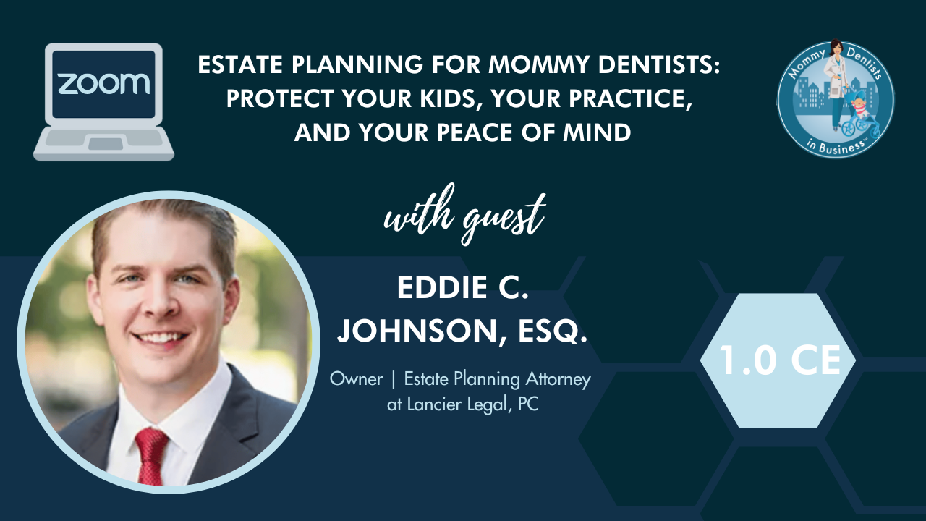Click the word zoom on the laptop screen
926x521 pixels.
(x=103, y=83)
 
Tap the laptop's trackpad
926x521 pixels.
(x=106, y=144)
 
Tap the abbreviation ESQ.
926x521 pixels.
(x=553, y=331)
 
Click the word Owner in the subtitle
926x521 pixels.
(x=357, y=379)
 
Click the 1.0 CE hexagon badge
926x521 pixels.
(x=778, y=360)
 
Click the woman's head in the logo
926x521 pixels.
(x=835, y=48)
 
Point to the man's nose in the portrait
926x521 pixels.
(x=162, y=304)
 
